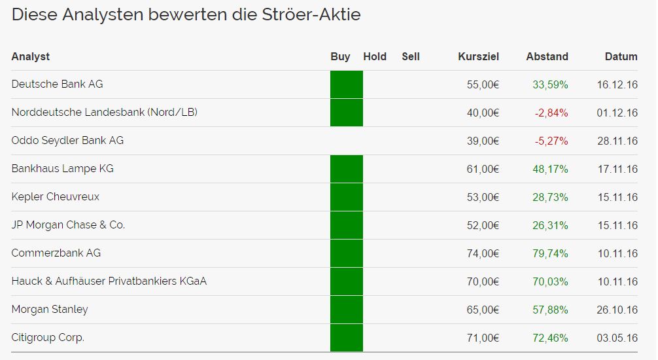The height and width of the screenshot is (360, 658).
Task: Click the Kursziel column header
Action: tap(478, 57)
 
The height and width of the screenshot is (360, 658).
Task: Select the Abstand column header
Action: tap(547, 57)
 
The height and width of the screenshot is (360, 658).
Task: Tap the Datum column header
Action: tap(621, 57)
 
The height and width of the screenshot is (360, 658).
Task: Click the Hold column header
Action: tap(375, 57)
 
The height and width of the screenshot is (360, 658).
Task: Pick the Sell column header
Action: tap(411, 57)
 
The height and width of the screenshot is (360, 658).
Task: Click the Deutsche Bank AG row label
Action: tap(57, 84)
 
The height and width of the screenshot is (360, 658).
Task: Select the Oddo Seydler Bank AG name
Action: tap(67, 141)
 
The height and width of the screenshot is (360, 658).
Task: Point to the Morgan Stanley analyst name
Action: tap(50, 310)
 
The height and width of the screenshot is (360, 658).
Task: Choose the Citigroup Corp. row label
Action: tap(48, 338)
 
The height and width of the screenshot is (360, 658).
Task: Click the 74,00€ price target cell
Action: tap(483, 253)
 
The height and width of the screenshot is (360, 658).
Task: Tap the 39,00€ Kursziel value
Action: tap(483, 141)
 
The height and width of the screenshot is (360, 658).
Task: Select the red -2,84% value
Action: tap(551, 113)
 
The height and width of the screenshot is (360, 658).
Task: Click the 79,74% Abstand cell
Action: tap(550, 253)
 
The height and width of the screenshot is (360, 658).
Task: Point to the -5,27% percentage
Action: tap(551, 141)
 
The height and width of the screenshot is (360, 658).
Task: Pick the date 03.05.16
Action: tap(617, 338)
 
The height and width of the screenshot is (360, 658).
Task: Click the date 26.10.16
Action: tap(617, 310)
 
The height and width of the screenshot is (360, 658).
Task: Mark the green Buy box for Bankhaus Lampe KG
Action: tap(347, 169)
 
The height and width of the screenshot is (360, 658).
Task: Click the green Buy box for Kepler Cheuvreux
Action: tap(347, 197)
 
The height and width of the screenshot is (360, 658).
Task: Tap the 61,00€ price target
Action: tap(483, 169)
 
